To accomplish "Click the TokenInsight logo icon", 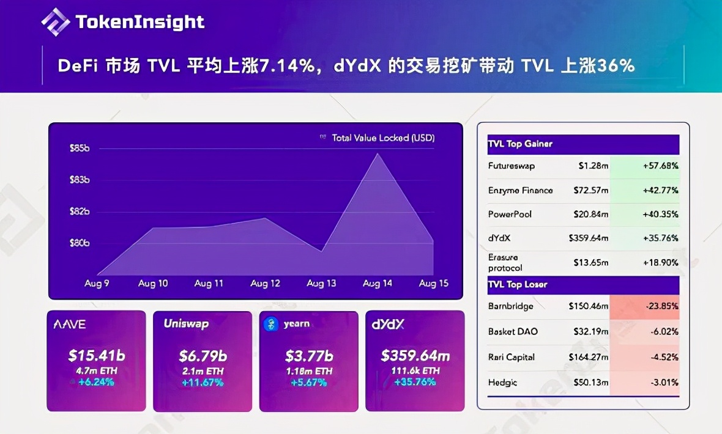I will (56, 22).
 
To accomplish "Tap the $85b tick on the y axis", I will (80, 148).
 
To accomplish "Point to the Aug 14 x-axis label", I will (378, 284).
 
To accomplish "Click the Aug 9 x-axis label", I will (97, 284).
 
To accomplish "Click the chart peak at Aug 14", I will (378, 154).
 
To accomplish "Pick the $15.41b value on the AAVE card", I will (96, 355).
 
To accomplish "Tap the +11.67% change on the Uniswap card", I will (203, 383).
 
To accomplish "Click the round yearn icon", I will (271, 324).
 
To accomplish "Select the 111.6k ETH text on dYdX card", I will (415, 371).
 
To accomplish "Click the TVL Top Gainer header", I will (520, 144).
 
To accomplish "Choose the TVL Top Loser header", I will (518, 285).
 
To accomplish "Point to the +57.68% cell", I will (660, 166).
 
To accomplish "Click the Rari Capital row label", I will (512, 357).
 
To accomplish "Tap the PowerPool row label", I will (510, 214).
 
